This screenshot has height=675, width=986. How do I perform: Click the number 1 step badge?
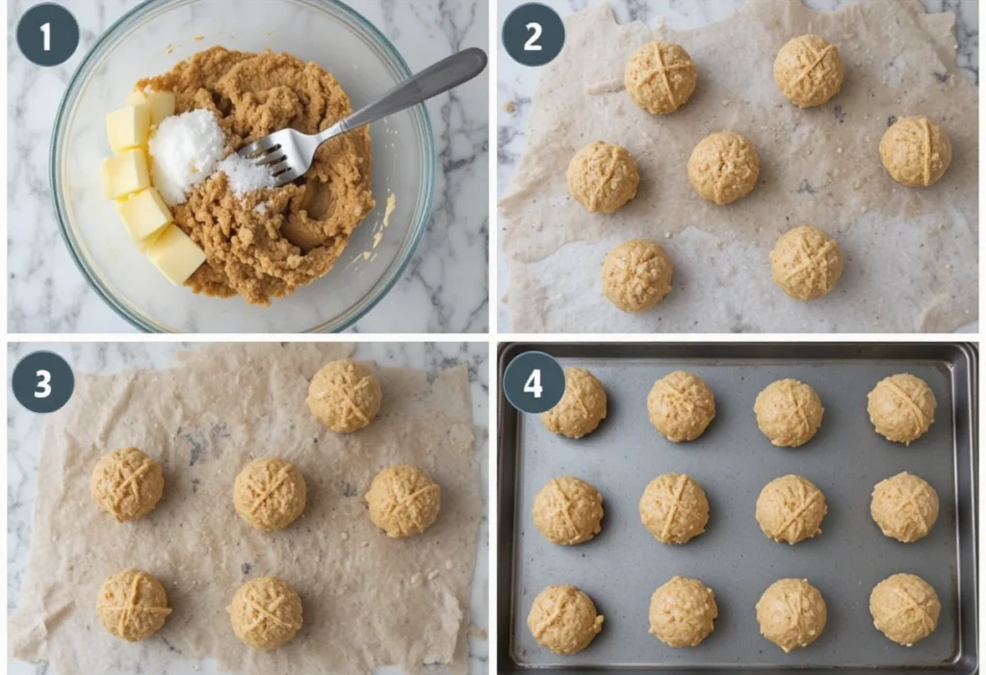tap(47, 35)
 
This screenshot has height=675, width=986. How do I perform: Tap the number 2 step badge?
tap(532, 35)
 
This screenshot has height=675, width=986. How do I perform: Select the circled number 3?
tap(42, 382)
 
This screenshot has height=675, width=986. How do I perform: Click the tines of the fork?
tap(271, 157)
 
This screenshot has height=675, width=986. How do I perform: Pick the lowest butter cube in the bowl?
tap(174, 253)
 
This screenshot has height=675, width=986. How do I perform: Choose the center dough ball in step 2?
tap(724, 168)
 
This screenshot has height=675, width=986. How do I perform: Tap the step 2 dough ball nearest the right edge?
tap(915, 151)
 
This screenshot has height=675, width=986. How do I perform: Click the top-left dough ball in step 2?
tap(661, 77)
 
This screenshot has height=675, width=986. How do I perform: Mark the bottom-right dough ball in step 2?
tap(806, 263)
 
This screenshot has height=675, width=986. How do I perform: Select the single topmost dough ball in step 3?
tap(344, 395)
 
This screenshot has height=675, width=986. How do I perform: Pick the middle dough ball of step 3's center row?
tap(270, 493)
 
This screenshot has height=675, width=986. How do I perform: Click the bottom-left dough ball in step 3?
tap(133, 604)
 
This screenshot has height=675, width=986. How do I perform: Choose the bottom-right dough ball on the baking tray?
tap(904, 609)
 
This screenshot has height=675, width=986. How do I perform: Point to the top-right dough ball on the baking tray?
tap(901, 408)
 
